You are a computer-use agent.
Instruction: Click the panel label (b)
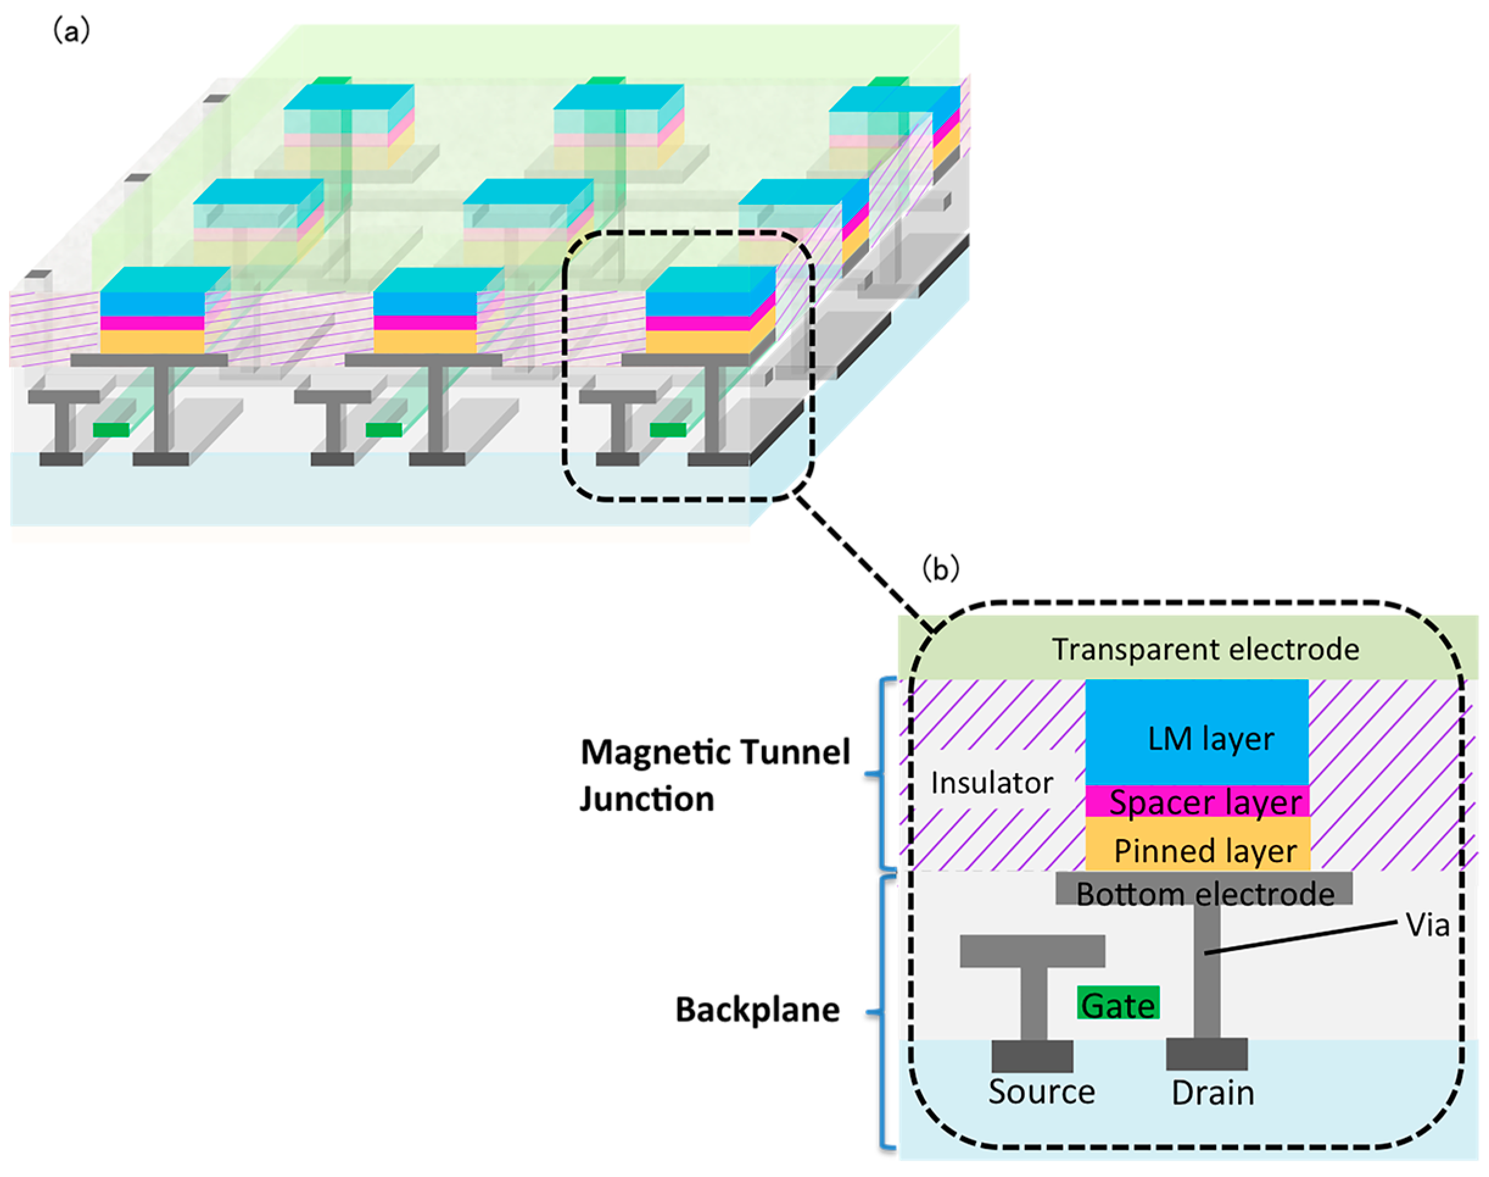point(940,569)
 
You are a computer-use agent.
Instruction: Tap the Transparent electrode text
point(1205,649)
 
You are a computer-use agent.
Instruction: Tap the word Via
point(1427,925)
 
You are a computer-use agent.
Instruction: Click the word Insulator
point(991,783)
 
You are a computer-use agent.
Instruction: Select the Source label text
point(1041,1092)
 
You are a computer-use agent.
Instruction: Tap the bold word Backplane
point(757,1009)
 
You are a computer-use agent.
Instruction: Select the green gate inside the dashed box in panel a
point(667,430)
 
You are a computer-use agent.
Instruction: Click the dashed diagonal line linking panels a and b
point(864,562)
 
